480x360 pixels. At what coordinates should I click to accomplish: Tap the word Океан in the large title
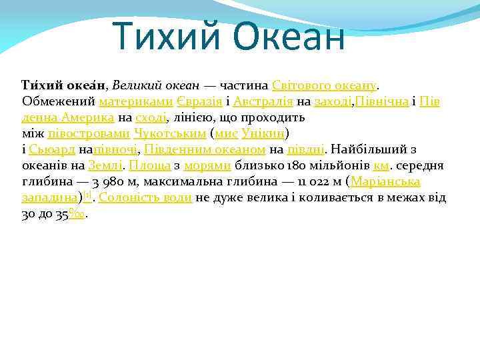[289, 37]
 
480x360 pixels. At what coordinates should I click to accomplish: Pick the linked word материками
[136, 102]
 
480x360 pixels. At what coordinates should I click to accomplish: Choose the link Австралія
[263, 102]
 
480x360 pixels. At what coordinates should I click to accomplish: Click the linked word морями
[207, 165]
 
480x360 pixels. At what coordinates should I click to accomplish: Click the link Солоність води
[145, 197]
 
